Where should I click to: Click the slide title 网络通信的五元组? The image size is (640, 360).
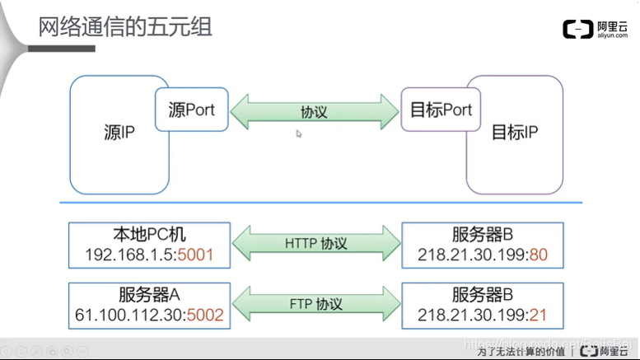[x=126, y=26]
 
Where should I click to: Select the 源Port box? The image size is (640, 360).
[x=191, y=110]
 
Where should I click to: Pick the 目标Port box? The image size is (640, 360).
[x=441, y=110]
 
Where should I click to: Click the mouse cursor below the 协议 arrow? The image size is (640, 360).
[x=299, y=133]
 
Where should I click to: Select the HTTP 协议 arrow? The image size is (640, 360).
[x=315, y=244]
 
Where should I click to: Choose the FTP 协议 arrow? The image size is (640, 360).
[x=315, y=302]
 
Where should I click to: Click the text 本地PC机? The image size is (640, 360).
[x=149, y=234]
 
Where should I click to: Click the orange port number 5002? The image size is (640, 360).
[x=205, y=314]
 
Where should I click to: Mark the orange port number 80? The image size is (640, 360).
[x=539, y=255]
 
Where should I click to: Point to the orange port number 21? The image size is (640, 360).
[x=539, y=314]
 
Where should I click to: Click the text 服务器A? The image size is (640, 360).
[x=149, y=293]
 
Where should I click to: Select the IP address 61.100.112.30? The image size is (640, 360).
[x=129, y=314]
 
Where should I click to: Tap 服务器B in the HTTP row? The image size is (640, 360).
[x=483, y=234]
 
